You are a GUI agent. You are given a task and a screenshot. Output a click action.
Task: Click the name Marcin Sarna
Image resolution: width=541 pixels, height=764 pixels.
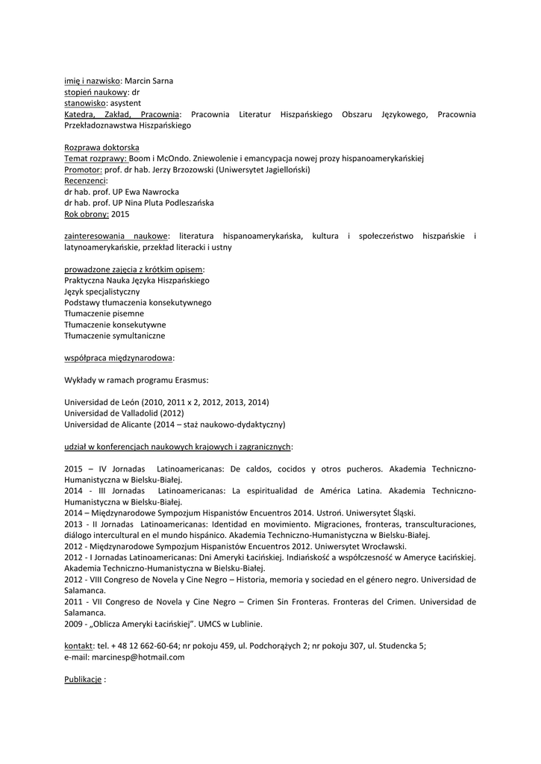coord(148,81)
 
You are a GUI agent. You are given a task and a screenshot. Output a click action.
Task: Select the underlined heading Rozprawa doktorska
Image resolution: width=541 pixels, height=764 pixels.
coord(101,148)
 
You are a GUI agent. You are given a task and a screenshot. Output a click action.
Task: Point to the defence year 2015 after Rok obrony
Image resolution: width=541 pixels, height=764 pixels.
coord(120,214)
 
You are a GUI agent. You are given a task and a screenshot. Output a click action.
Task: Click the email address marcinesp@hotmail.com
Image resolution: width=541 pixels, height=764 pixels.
coord(138,657)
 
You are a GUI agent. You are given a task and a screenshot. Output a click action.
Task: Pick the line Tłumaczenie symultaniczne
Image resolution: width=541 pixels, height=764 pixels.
coord(115,336)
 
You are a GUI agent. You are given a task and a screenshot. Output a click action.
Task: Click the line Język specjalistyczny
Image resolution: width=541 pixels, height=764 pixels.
coord(102,292)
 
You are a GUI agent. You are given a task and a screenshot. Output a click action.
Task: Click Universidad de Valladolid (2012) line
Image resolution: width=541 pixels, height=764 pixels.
coord(124,413)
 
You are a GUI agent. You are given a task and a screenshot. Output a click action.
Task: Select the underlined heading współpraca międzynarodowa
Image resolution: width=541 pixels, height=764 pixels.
coord(119,358)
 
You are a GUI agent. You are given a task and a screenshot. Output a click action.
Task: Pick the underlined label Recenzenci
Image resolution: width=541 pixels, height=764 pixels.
coord(85,181)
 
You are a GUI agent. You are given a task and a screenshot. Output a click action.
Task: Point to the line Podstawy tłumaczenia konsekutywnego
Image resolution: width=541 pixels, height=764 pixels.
coord(138,303)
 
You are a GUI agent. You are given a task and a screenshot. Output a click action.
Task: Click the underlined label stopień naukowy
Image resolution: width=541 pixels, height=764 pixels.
coord(97,92)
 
